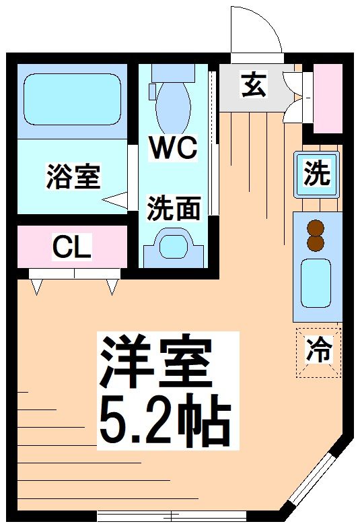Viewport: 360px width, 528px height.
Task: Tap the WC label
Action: point(173,148)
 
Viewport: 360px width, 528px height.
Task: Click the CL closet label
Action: point(71,248)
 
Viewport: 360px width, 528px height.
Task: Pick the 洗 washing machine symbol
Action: point(316,174)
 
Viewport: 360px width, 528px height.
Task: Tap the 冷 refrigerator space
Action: point(319,351)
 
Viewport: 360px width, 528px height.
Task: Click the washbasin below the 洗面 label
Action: point(174,244)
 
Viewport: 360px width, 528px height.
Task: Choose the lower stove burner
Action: point(316,242)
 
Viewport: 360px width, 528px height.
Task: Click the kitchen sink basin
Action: point(316,283)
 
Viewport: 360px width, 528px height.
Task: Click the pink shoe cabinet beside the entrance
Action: point(328,98)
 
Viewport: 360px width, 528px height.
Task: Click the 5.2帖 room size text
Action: point(165,420)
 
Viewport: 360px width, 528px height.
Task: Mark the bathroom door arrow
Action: point(116,200)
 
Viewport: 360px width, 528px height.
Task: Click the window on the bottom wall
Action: point(172,517)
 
